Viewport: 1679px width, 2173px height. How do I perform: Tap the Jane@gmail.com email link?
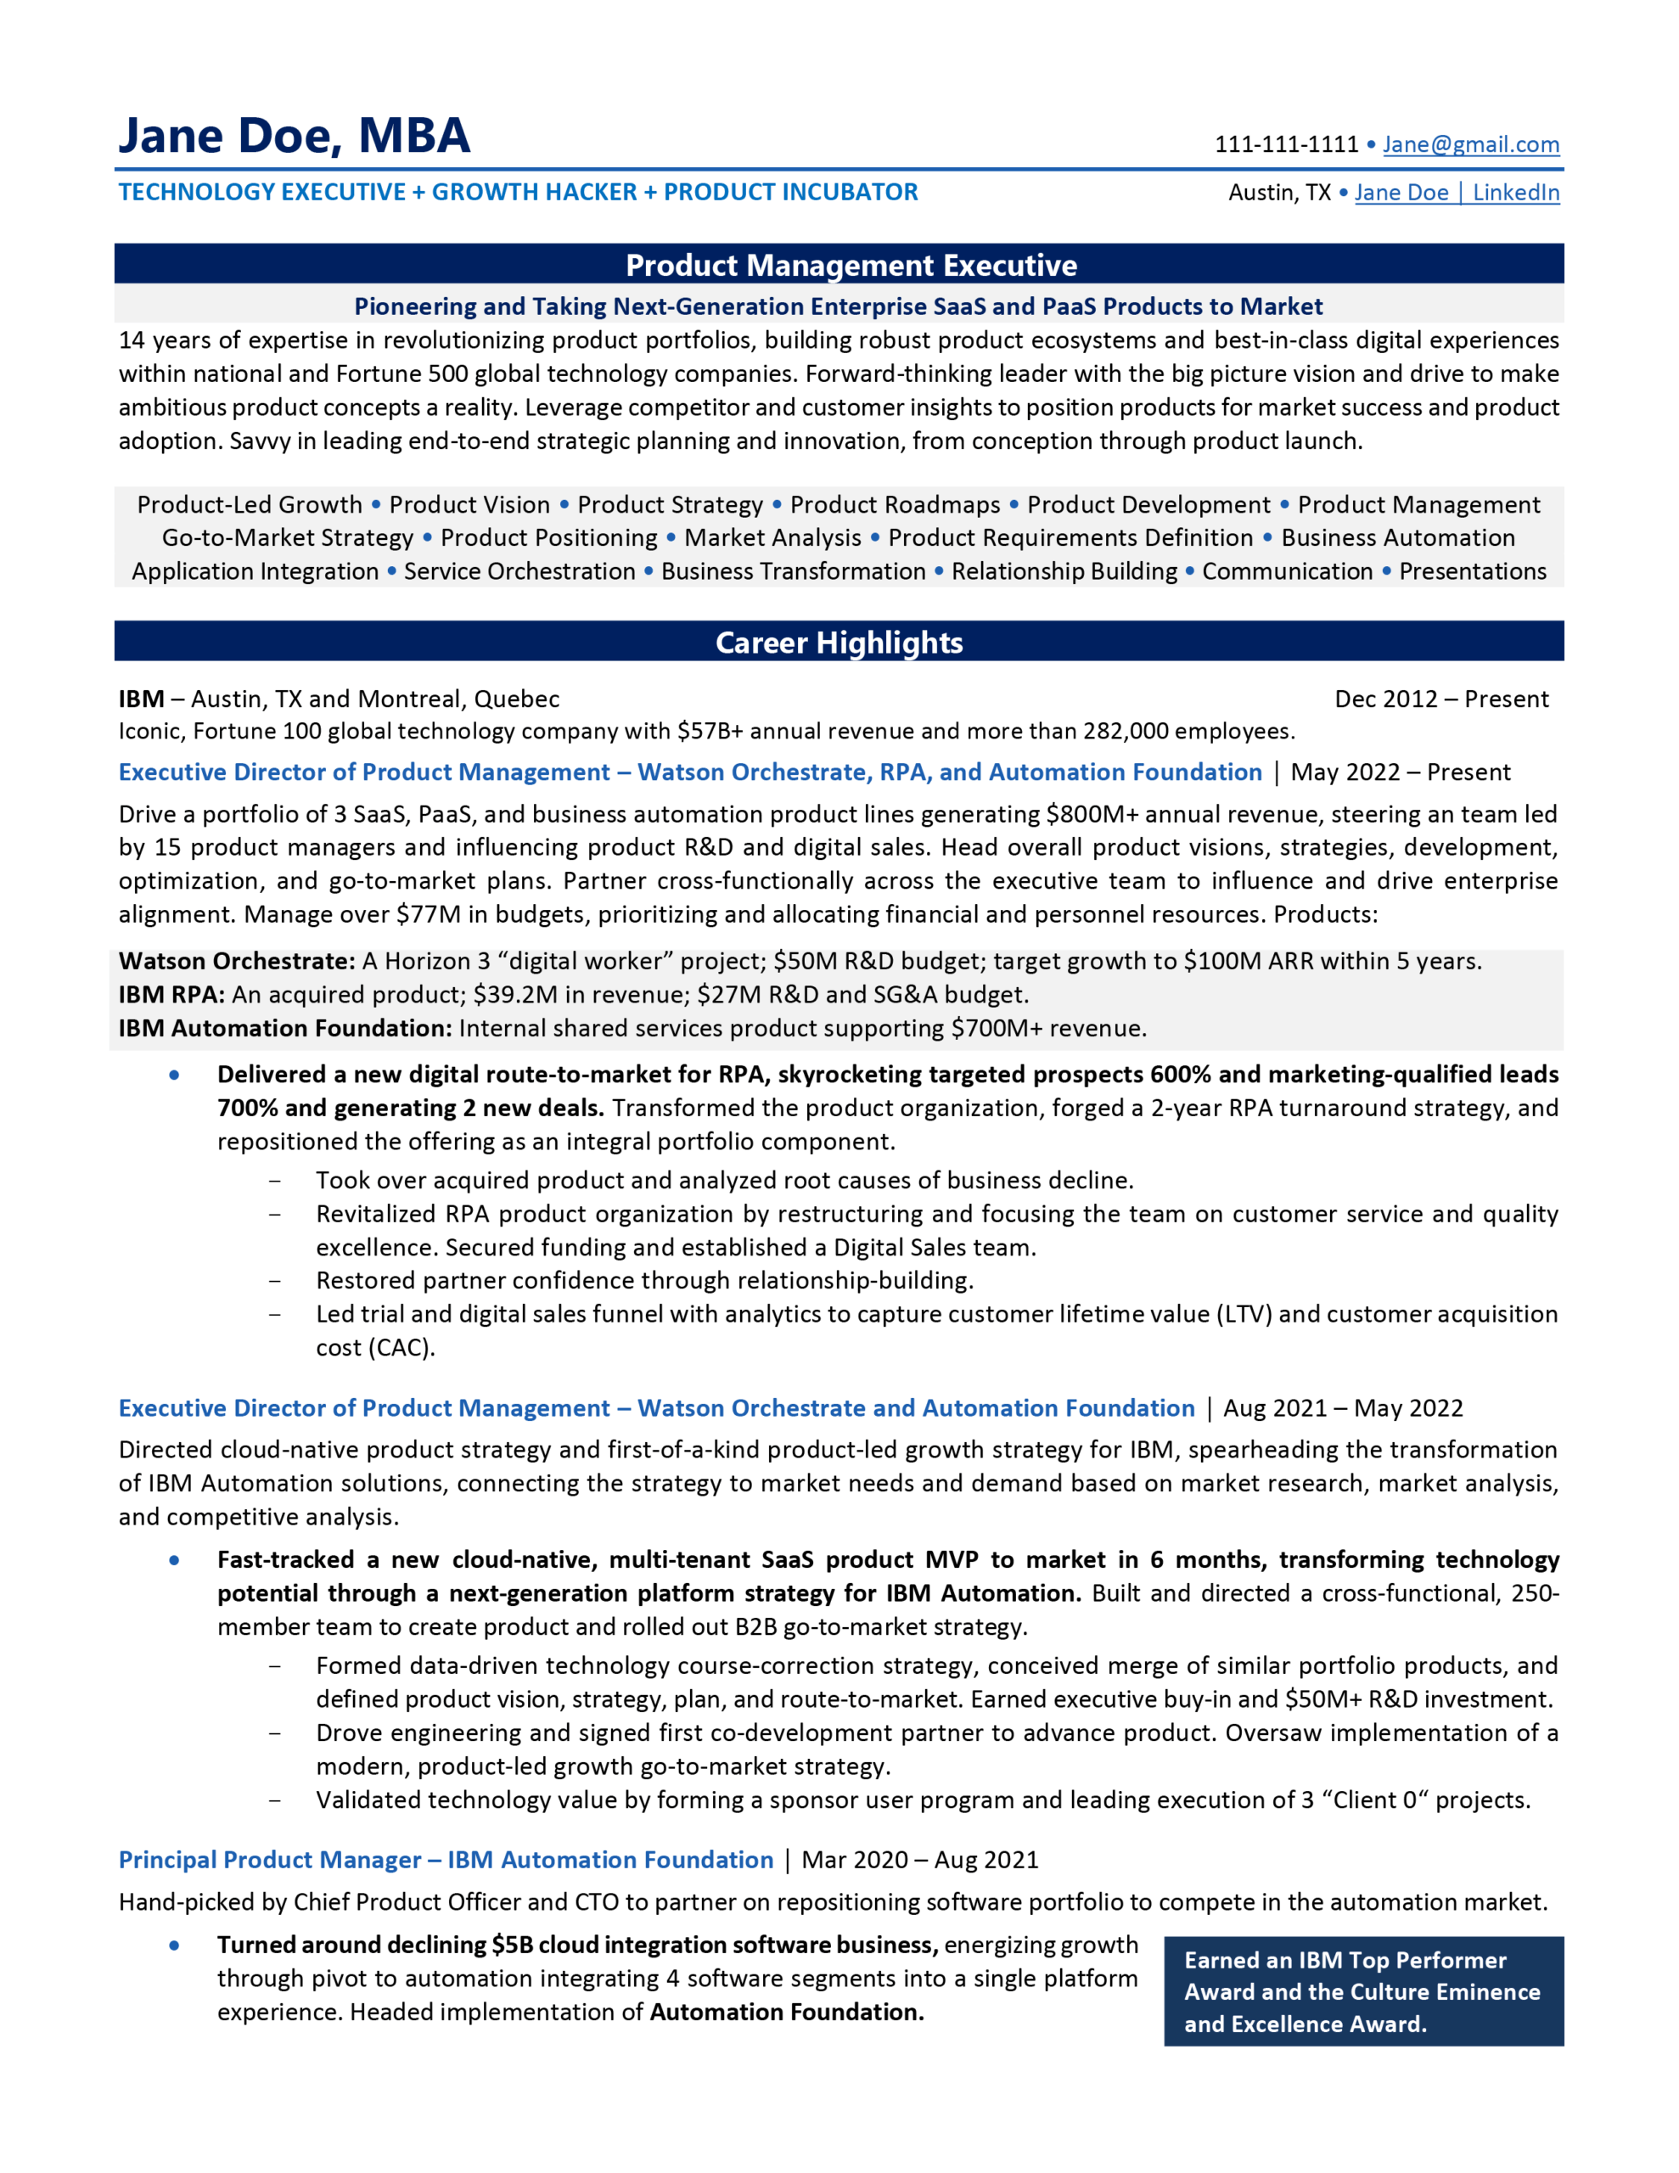(1470, 145)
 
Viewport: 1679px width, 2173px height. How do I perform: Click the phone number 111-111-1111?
(1286, 145)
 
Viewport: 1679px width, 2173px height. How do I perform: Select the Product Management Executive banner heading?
(851, 266)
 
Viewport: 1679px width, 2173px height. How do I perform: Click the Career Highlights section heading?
(839, 643)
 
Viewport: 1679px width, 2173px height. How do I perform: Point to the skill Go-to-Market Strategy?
(288, 538)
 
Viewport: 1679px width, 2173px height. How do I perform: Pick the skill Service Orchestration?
(519, 572)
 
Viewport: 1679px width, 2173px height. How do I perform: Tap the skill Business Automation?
(1397, 538)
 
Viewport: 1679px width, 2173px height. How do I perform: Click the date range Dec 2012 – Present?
(1440, 699)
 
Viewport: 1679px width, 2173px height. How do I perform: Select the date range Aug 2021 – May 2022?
(1343, 1408)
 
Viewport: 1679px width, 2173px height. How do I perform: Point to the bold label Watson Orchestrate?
(237, 961)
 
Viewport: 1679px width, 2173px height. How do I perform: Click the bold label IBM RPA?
(171, 995)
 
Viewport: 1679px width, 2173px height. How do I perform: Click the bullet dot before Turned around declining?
(175, 1946)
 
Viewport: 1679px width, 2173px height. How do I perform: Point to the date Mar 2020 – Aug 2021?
(919, 1860)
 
